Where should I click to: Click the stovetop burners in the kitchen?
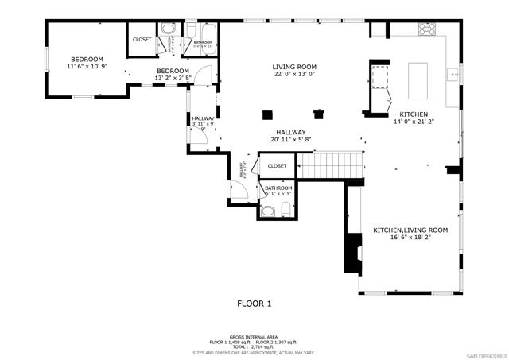[x=427, y=30]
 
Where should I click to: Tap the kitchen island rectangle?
[x=418, y=78]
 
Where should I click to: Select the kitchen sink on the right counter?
[x=451, y=75]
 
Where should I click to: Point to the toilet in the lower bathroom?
[x=269, y=211]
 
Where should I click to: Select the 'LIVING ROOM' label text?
[x=294, y=67]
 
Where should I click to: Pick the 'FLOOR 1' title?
[x=254, y=304]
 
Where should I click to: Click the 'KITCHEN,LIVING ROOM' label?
[x=410, y=230]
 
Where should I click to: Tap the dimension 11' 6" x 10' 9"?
[x=87, y=68]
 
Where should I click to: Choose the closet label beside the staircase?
[x=277, y=166]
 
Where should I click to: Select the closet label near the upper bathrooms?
[x=142, y=39]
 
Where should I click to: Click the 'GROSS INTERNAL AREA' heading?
[x=254, y=336]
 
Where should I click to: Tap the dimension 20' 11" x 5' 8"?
[x=292, y=141]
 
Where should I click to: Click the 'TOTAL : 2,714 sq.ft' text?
[x=254, y=346]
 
